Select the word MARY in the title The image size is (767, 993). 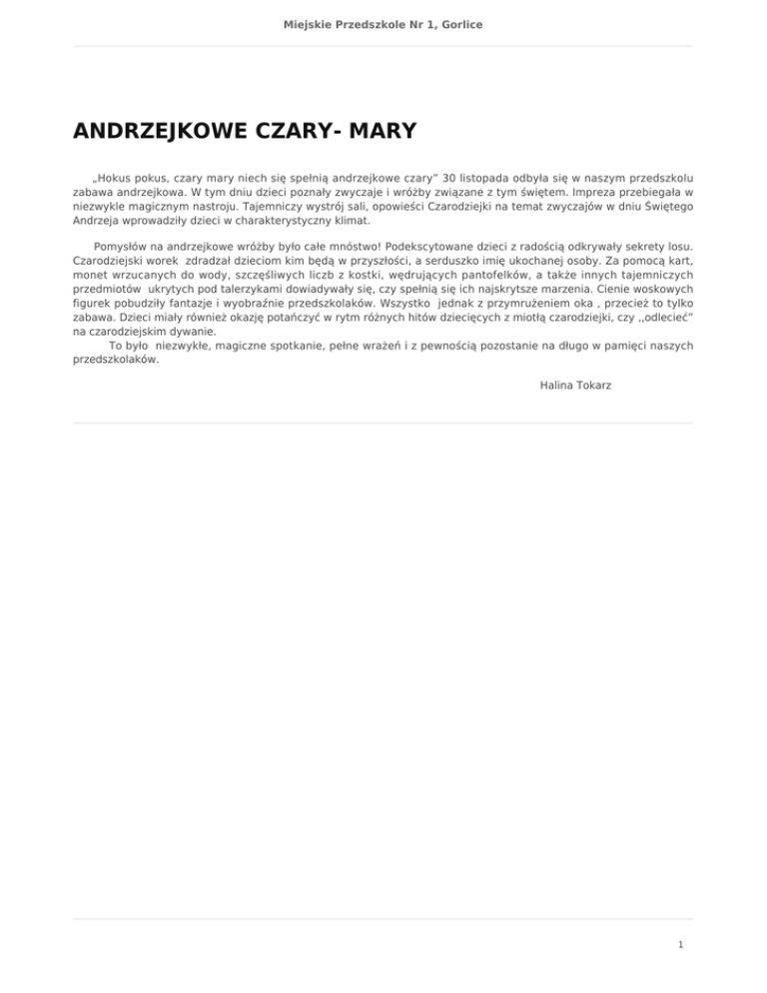[x=380, y=132]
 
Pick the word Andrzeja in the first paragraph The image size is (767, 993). [x=97, y=221]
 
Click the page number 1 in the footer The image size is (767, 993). [x=679, y=942]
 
